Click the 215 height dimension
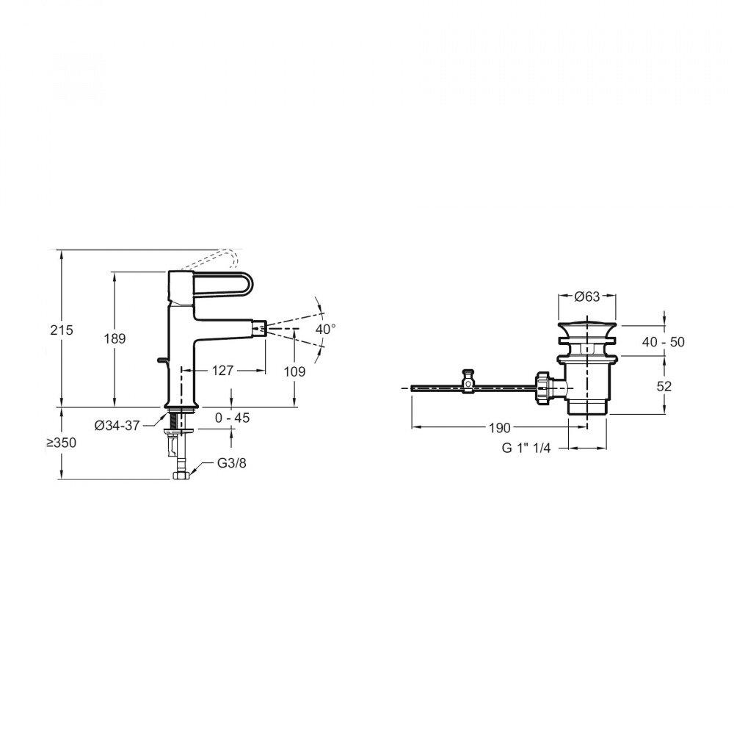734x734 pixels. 62,330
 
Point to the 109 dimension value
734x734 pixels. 294,372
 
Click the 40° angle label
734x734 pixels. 325,330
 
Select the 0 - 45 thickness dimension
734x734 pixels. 232,418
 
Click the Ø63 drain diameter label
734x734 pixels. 587,297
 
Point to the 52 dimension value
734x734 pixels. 664,385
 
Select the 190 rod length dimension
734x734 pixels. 498,426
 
